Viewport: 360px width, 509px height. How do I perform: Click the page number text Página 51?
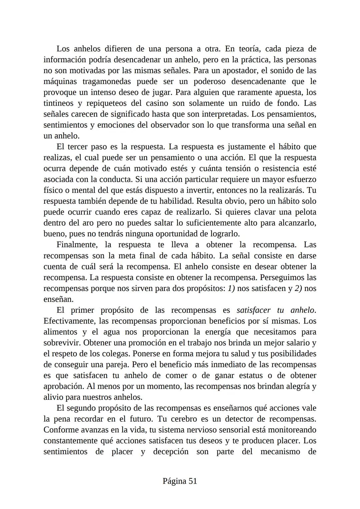click(180, 481)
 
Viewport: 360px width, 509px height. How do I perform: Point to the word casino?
click(156, 103)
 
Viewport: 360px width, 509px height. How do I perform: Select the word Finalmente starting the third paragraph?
click(77, 245)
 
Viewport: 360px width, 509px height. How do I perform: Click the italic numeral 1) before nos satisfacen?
click(231, 288)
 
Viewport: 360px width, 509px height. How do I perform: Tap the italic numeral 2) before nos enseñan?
click(298, 288)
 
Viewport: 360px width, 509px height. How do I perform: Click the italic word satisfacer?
click(254, 310)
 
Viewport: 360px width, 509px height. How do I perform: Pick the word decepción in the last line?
click(171, 452)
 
